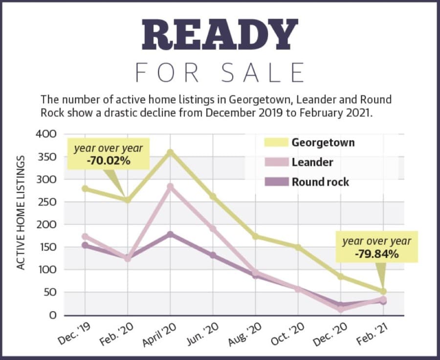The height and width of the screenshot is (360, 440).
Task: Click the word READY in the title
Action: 220,35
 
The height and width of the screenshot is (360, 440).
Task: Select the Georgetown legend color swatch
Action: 276,142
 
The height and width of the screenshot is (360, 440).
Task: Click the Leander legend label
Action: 312,162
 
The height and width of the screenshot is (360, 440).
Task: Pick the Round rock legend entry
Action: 307,182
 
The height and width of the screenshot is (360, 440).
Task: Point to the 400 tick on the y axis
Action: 46,134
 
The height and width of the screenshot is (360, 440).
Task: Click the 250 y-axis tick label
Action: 46,202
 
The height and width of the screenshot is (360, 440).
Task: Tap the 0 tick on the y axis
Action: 53,315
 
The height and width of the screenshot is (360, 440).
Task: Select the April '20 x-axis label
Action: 159,335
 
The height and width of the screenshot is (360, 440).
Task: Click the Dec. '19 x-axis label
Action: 74,334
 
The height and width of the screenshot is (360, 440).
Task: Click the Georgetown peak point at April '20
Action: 170,153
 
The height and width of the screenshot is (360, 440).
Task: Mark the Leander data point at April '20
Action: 170,186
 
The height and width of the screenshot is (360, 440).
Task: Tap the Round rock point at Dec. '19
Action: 85,246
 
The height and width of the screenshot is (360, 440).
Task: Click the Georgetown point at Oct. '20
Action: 298,247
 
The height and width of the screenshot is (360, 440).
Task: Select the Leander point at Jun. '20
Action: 213,228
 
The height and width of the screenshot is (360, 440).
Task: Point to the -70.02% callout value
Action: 109,161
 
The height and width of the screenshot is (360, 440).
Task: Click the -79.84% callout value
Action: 376,254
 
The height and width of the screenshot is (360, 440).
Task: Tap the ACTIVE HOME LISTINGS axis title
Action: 21,213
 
